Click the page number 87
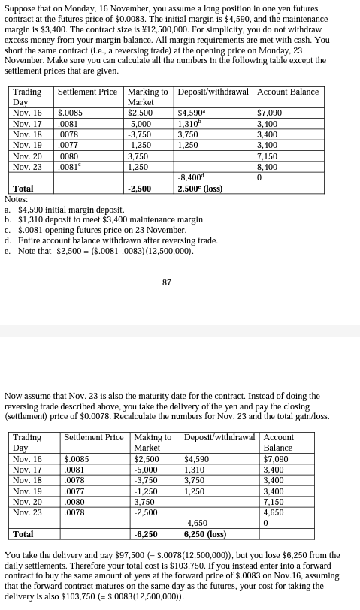(167, 282)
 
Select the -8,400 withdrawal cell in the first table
(190, 178)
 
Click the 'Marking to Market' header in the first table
(147, 97)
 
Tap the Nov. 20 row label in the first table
(27, 157)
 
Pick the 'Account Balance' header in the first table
(288, 92)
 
